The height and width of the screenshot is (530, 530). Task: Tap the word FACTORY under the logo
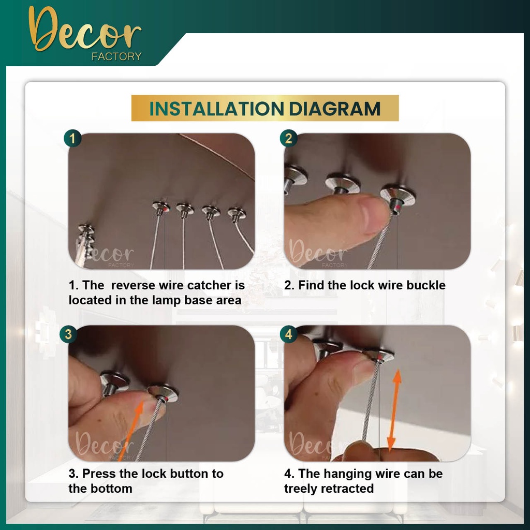[x=116, y=56]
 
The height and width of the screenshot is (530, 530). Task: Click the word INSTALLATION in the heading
[x=217, y=109]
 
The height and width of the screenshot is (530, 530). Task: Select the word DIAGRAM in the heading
[x=335, y=109]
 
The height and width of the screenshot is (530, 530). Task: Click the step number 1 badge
[x=72, y=138]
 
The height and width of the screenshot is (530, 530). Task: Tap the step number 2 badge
[x=288, y=138]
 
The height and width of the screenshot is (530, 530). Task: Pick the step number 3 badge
[x=68, y=334]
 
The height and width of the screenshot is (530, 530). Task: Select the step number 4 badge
[x=288, y=334]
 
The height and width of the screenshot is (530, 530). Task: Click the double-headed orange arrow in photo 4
[x=394, y=410]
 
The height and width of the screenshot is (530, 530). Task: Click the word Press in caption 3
[x=99, y=474]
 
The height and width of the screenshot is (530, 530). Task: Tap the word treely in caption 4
[x=301, y=489]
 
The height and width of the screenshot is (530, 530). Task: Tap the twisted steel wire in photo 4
[x=371, y=402]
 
